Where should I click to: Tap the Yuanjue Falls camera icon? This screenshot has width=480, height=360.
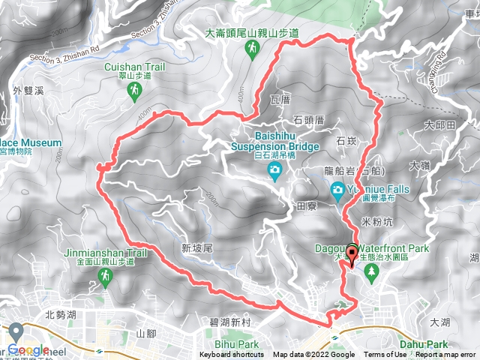click(338, 189)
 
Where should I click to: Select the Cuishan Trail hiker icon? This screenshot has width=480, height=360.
click(134, 91)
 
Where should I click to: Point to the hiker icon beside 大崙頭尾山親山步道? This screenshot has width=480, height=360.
click(253, 49)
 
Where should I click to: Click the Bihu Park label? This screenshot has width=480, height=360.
click(239, 344)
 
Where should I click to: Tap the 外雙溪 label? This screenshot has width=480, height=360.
click(29, 91)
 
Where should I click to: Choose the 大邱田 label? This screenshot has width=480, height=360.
click(439, 124)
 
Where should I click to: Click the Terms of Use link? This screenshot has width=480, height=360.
click(386, 355)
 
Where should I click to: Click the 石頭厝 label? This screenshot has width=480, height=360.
click(308, 119)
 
